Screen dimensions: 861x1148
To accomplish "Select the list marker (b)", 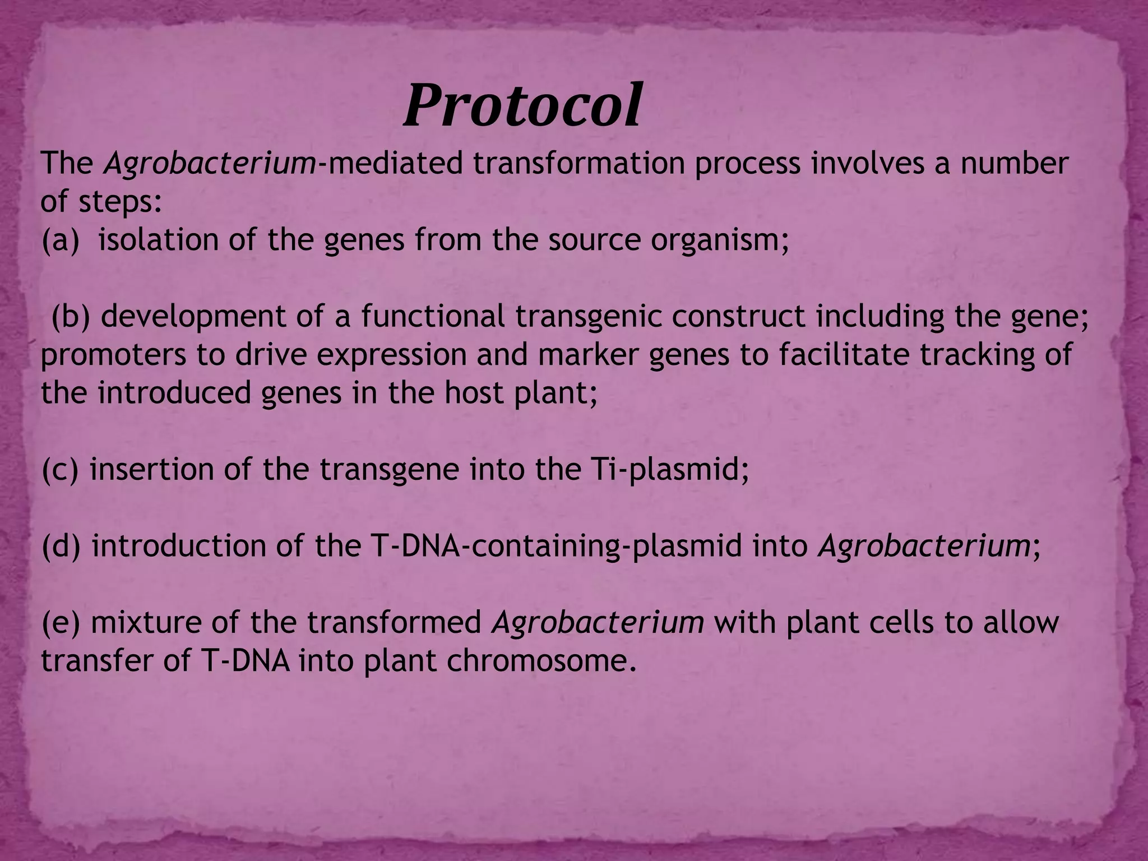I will [71, 317].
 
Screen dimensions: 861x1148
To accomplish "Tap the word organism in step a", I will [720, 240].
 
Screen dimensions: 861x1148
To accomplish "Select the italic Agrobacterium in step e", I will [598, 623].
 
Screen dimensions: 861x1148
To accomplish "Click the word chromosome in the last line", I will [542, 661].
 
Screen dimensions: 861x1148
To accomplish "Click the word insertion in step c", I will [151, 470].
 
